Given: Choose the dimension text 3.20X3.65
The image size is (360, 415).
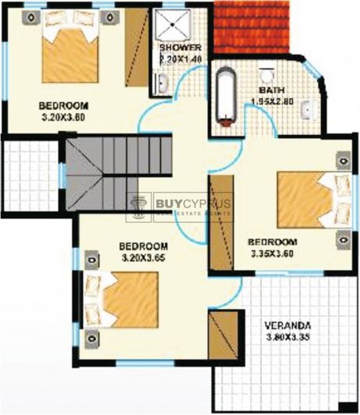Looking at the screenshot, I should pyautogui.click(x=144, y=257).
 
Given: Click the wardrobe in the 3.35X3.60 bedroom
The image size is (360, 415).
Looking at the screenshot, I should pyautogui.click(x=221, y=223).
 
